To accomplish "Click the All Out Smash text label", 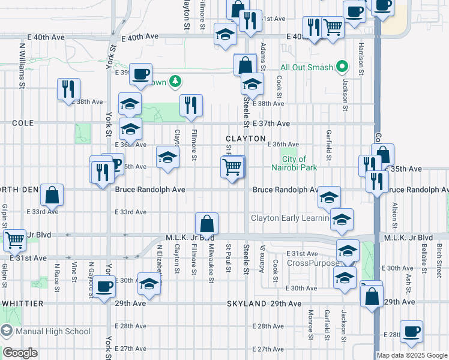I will pos(306,67).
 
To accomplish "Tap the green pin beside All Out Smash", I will pos(342,67).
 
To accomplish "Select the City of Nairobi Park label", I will pos(299,163).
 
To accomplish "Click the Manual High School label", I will pos(53,331).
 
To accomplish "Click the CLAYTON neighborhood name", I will pos(246,139).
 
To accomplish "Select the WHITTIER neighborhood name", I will pos(22,304).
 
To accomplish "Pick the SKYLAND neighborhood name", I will pos(246,304).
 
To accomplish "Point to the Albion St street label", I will pos(395,215).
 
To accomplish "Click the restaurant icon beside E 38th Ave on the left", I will pos(68,89).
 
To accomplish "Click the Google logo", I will pos(20,353).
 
